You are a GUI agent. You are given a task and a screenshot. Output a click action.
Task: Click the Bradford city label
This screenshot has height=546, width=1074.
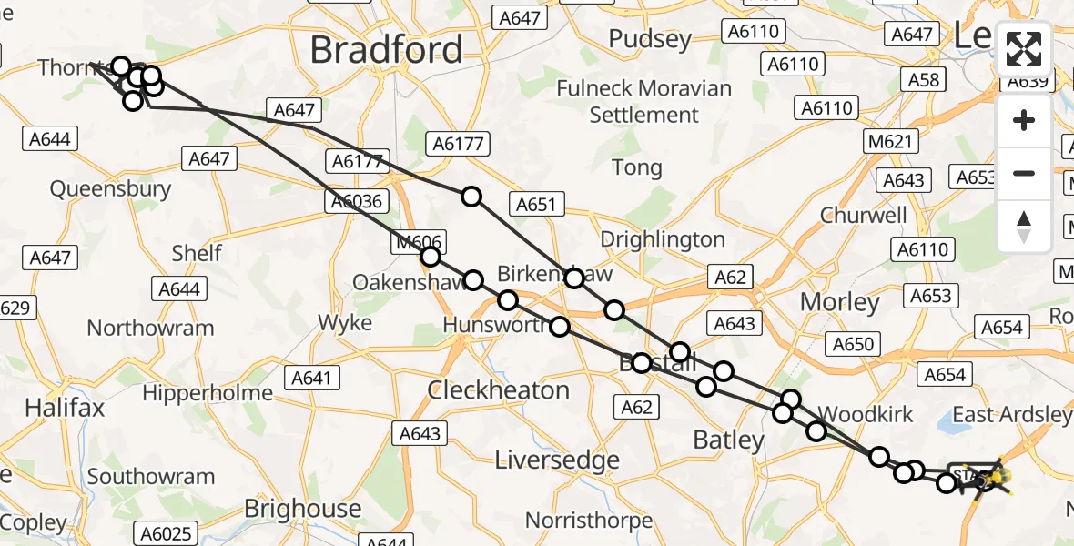coord(386,50)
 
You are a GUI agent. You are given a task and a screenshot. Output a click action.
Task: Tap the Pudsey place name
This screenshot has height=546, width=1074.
coord(650,39)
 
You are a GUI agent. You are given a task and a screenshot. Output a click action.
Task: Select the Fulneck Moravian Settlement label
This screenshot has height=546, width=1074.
coord(643,102)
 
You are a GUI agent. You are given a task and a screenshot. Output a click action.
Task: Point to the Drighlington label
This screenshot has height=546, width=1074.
coord(663,239)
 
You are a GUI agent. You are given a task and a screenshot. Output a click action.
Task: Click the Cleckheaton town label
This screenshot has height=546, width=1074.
coord(499,390)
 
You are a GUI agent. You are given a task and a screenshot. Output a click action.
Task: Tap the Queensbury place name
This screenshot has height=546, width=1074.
coord(110,189)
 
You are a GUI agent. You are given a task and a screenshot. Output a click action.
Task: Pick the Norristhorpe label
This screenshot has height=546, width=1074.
coord(589,521)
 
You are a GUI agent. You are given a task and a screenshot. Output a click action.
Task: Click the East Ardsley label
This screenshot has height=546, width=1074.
coord(1011,415)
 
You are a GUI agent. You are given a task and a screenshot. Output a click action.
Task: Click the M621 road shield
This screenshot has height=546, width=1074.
coord(891,141)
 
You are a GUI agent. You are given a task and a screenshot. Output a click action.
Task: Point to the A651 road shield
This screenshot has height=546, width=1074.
coord(535,205)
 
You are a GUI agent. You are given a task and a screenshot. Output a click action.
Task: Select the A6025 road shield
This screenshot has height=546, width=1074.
coord(167,533)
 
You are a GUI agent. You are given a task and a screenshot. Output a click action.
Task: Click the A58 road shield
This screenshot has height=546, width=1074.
coord(924,80)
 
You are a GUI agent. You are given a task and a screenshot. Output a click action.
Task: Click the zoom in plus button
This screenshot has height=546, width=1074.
coord(1024,121)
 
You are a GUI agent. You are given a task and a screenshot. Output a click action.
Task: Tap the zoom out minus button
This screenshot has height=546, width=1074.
coord(1024,173)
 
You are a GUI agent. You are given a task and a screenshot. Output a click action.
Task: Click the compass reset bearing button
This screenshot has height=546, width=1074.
coord(1024,226)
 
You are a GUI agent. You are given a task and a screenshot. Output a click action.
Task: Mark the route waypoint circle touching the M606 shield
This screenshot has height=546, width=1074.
coord(430,258)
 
